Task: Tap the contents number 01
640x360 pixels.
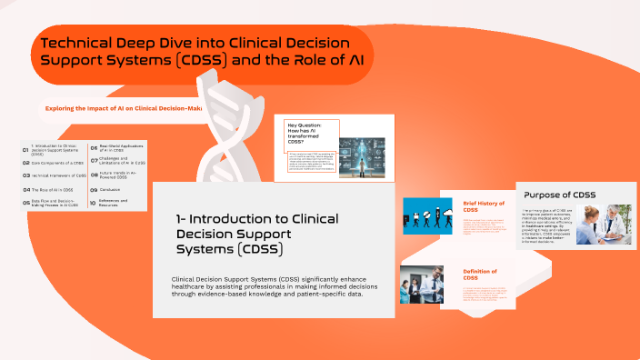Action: (x=25, y=149)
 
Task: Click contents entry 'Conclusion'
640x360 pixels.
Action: (x=115, y=190)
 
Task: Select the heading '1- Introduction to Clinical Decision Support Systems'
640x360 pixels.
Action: (x=257, y=234)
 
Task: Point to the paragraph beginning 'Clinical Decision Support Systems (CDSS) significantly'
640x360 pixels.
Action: (x=274, y=286)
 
